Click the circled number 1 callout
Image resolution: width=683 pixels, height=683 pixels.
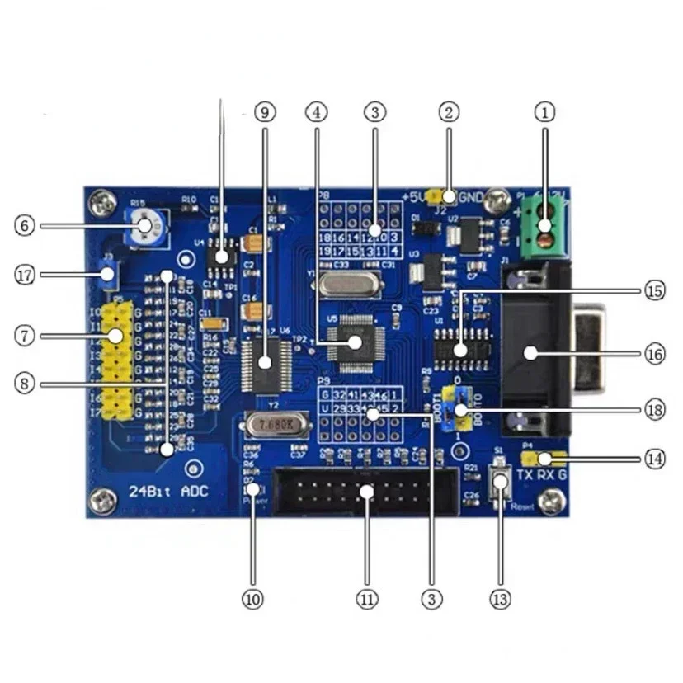click(x=544, y=111)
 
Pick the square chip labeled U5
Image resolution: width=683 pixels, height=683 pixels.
click(x=354, y=341)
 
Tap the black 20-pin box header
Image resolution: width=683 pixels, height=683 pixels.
click(x=365, y=492)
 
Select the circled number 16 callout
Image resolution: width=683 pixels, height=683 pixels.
click(x=654, y=354)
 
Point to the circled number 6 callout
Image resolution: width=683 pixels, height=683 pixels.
click(x=26, y=224)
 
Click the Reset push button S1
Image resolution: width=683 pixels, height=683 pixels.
click(x=498, y=483)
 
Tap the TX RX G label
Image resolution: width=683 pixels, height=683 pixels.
click(x=541, y=475)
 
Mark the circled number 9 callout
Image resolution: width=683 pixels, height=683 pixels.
click(x=264, y=111)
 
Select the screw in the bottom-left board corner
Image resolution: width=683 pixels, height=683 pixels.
click(x=103, y=498)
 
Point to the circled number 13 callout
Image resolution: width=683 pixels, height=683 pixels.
click(x=500, y=598)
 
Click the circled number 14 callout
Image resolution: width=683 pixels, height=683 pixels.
click(x=654, y=459)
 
